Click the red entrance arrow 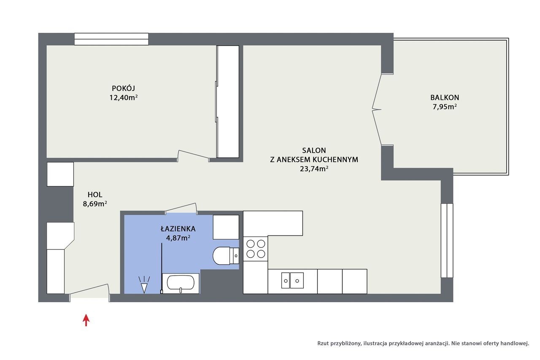pyautogui.click(x=86, y=320)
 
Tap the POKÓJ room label pyautogui.click(x=124, y=88)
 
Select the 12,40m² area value pyautogui.click(x=124, y=97)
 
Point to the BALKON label pyautogui.click(x=445, y=97)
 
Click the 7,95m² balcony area pyautogui.click(x=445, y=107)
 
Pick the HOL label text pyautogui.click(x=95, y=194)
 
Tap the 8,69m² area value pyautogui.click(x=95, y=204)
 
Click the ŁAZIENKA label pyautogui.click(x=178, y=228)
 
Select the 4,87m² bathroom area pyautogui.click(x=178, y=238)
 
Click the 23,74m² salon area pyautogui.click(x=314, y=169)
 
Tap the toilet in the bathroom pyautogui.click(x=226, y=256)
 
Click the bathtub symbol pyautogui.click(x=181, y=283)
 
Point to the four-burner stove pyautogui.click(x=256, y=249)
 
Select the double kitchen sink pyautogui.click(x=292, y=280)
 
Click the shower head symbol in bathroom pyautogui.click(x=144, y=285)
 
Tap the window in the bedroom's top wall pyautogui.click(x=111, y=39)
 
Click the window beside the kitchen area pyautogui.click(x=447, y=241)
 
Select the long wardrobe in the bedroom pyautogui.click(x=228, y=102)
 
